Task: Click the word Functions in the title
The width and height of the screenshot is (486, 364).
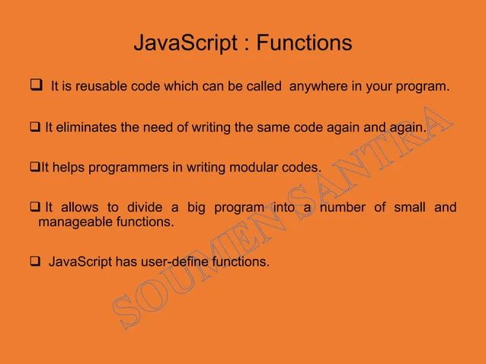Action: (304, 43)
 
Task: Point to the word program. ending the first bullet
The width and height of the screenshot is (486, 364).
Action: (424, 87)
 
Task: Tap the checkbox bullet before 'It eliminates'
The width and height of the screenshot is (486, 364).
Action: (35, 127)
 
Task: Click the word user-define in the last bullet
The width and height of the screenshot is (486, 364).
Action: (177, 263)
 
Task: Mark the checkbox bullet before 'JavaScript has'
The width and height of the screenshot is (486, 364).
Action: (35, 263)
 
